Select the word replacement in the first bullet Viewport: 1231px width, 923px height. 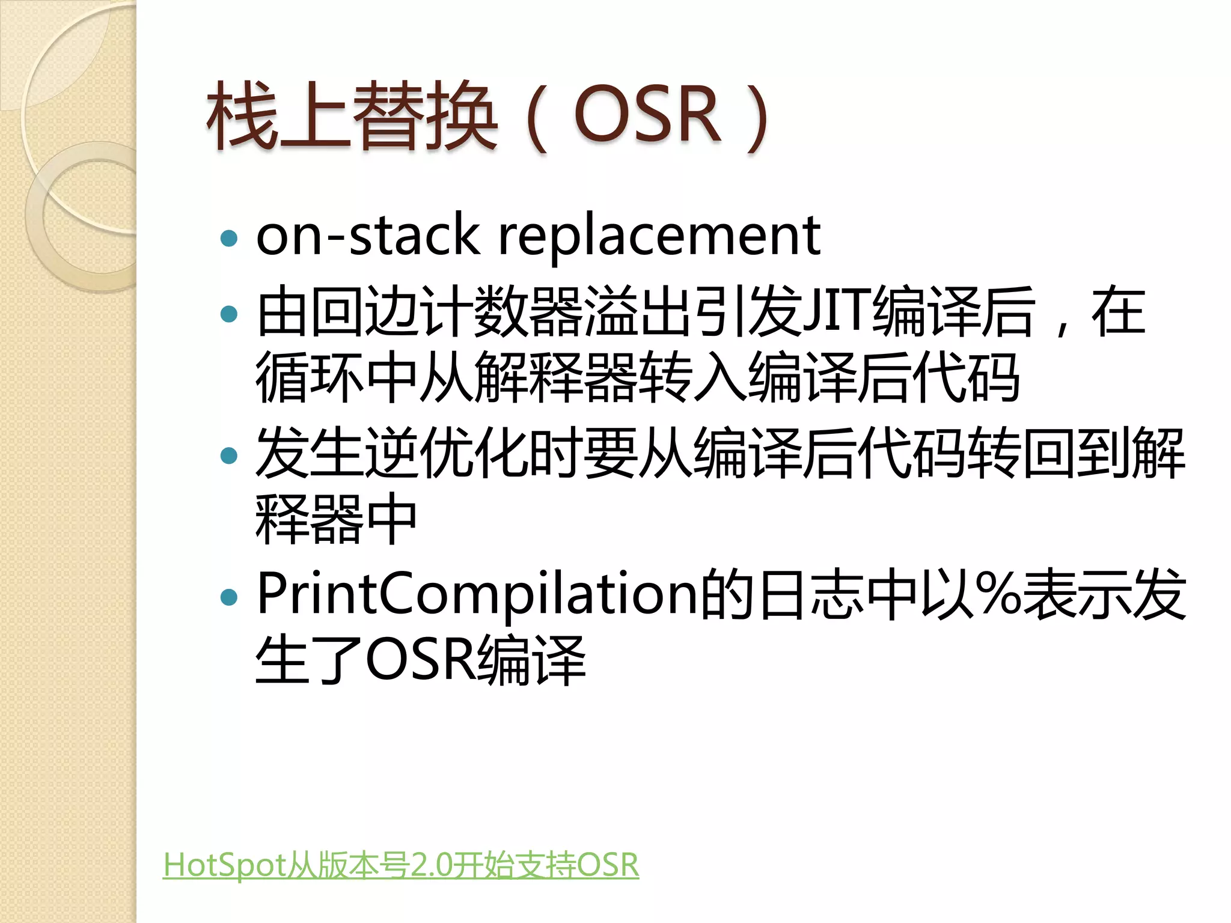click(659, 236)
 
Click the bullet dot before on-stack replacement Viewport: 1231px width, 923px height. click(229, 239)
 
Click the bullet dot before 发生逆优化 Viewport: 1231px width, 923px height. click(229, 455)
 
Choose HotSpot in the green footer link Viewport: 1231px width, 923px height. click(224, 865)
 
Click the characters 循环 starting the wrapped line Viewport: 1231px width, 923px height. click(309, 377)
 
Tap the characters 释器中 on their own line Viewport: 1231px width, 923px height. click(335, 519)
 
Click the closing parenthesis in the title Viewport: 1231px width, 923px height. click(756, 117)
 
